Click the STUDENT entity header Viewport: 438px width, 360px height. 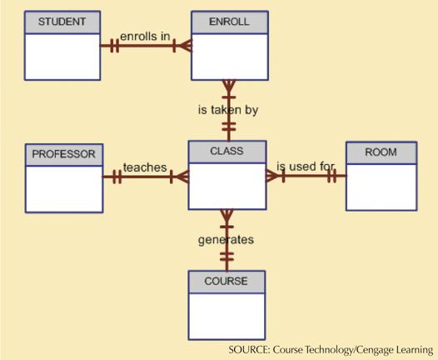coord(62,22)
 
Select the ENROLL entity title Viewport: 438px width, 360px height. coord(229,22)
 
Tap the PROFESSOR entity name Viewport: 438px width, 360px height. coord(63,154)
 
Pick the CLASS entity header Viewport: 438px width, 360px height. coord(226,151)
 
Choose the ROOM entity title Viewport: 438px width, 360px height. coord(381,152)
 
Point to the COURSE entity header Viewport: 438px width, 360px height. coord(226,281)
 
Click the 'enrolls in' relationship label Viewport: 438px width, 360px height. coord(145,37)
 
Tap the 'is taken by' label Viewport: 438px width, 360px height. coord(228,110)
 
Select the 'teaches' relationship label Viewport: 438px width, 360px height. coord(145,167)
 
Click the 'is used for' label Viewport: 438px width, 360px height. coord(306,167)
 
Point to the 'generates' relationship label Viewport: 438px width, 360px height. coord(226,240)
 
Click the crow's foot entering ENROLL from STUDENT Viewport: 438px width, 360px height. coord(186,46)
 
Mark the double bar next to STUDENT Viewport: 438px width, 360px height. coord(115,46)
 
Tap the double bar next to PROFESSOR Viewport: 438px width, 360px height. coord(117,177)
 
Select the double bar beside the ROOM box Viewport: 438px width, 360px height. coord(331,176)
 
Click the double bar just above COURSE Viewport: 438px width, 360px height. coord(226,257)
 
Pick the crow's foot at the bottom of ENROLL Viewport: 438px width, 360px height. coord(229,86)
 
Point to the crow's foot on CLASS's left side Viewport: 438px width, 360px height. coord(182,177)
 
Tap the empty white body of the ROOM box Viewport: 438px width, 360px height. coord(381,187)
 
